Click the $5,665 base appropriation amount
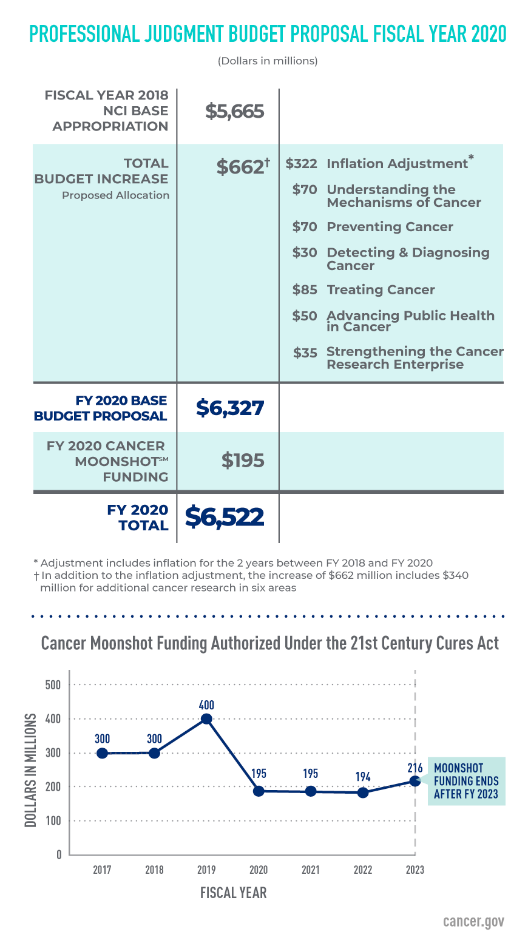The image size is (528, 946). (234, 111)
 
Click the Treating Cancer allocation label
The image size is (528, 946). (381, 290)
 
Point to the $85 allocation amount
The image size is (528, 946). (305, 290)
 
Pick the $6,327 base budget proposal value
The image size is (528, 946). (230, 408)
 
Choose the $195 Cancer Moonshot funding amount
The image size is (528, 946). (243, 461)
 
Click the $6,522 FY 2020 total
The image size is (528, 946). (225, 517)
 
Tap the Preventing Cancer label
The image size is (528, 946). (390, 227)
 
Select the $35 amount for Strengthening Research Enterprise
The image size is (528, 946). (305, 353)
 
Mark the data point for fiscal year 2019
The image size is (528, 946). (206, 719)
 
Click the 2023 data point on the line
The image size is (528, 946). (415, 781)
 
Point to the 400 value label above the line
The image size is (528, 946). (206, 705)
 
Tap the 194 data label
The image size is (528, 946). (363, 777)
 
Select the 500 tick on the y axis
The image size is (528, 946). (54, 685)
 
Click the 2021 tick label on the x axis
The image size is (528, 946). (311, 870)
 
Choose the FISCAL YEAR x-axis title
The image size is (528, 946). (233, 893)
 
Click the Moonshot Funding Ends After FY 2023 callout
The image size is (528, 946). (466, 781)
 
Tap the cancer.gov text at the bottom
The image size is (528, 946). (473, 921)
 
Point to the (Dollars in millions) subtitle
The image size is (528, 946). (268, 61)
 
